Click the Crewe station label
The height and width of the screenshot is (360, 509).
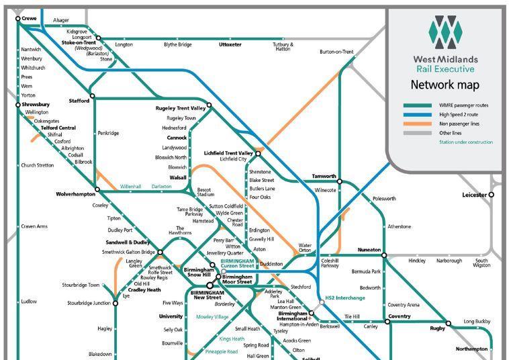coord(30,18)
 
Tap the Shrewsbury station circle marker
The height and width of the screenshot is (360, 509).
coord(18,105)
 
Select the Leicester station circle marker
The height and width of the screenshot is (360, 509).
coord(491,195)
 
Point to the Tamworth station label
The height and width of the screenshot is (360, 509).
coord(324,177)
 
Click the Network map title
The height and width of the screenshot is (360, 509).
coord(445,85)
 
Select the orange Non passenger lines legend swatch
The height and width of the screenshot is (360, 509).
coord(417,124)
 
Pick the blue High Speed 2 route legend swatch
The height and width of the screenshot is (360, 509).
coord(417,115)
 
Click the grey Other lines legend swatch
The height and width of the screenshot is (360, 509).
coord(417,133)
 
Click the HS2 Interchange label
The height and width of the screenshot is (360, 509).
coord(345,298)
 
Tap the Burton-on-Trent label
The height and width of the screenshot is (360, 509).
coord(336,52)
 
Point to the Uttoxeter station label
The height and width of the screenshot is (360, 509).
coord(230,45)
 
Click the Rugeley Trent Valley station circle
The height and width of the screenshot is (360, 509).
coord(209,105)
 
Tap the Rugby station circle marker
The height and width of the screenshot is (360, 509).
coord(449,323)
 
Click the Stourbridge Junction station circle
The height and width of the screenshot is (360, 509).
coord(115,304)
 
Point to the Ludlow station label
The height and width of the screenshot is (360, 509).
coord(30,302)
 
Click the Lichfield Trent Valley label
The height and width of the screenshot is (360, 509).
coord(228,153)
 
